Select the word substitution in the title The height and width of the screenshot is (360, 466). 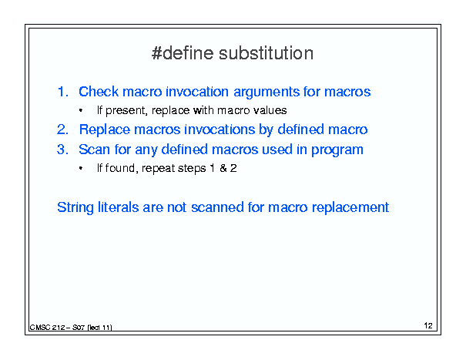tap(266, 53)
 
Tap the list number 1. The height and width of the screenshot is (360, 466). tap(62, 92)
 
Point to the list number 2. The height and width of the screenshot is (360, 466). tap(62, 130)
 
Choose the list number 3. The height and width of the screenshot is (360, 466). tap(62, 150)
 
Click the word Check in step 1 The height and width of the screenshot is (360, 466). tap(99, 91)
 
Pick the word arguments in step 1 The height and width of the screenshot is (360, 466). tap(266, 93)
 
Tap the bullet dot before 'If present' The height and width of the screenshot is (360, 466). tap(81, 111)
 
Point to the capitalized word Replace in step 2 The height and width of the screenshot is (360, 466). tap(105, 130)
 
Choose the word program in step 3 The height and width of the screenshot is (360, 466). tap(337, 150)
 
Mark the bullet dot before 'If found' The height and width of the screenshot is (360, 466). tap(81, 168)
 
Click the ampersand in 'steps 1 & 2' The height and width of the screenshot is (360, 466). tap(223, 168)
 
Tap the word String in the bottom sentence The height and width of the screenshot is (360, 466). tap(75, 207)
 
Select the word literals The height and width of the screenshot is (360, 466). tap(119, 207)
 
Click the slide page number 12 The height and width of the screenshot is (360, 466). tap(428, 326)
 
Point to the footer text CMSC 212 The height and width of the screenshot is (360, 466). tap(47, 328)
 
